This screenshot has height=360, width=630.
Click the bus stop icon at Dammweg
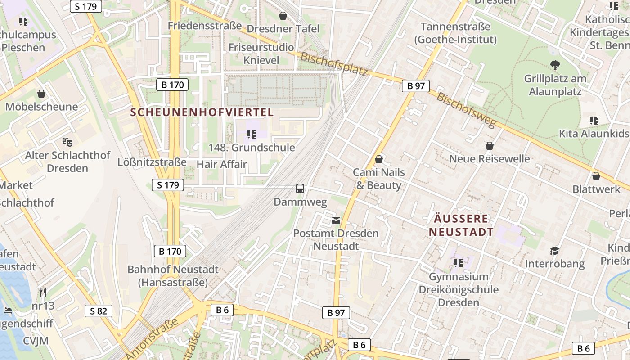300,189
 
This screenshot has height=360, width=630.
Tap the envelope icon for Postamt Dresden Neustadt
336,220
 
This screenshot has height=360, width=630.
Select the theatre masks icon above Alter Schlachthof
67,142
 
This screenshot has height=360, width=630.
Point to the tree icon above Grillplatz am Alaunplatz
555,65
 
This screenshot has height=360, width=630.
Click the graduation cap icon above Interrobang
555,251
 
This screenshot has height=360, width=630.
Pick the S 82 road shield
98,311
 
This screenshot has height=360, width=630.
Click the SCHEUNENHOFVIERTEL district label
202,112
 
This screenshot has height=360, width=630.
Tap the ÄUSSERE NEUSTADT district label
461,225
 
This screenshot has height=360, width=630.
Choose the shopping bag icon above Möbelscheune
41,94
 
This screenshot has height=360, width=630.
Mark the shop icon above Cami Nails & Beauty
379,159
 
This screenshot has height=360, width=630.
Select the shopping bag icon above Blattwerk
596,176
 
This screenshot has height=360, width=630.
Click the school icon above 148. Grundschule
252,134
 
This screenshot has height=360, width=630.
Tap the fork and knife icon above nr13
43,292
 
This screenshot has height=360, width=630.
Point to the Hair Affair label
222,164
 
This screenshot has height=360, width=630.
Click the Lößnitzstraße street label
152,162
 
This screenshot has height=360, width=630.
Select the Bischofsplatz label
334,64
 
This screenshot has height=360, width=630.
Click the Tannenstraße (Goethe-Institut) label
455,33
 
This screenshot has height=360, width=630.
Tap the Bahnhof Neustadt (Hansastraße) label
173,276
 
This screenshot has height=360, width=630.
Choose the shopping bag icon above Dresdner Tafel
283,16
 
